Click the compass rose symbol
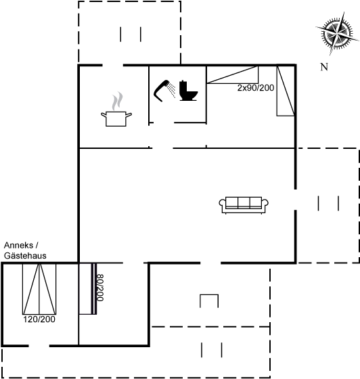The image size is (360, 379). pos(337,33)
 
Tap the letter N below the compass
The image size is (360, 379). pos(324,67)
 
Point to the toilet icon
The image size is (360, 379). pos(188,91)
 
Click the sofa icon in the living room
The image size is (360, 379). pos(244,205)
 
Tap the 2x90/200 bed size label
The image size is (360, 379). pos(256,88)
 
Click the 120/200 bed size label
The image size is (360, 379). pos(39,319)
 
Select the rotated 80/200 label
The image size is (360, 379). pos(100,288)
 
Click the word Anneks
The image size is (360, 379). pos(18,245)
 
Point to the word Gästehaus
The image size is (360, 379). pos(25,256)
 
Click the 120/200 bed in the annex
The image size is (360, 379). pos(39,289)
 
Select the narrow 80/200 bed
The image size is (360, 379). pos(88,289)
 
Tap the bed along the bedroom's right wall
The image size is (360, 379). pos(286,91)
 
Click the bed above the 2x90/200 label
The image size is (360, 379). pos(232,74)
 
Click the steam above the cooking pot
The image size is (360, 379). pos(117,101)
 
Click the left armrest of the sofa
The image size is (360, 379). pos(222,204)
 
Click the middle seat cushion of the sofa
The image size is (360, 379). pos(244,202)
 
